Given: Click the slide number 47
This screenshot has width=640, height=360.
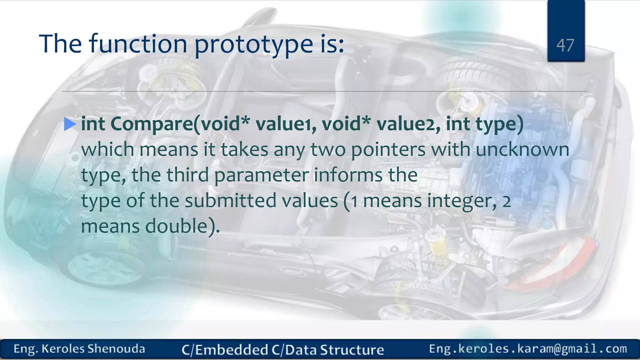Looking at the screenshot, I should click(565, 45).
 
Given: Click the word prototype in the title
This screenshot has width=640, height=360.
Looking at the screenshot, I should click(253, 44).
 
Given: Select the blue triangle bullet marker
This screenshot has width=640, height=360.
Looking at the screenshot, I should click(70, 124).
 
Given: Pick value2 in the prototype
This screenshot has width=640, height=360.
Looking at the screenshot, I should click(408, 124).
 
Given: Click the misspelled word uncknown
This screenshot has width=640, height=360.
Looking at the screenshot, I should click(522, 150).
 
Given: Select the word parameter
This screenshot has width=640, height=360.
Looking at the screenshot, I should click(262, 175).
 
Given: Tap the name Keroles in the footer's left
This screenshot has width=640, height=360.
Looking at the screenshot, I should click(63, 349).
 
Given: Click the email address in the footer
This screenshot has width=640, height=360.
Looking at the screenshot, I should click(528, 349).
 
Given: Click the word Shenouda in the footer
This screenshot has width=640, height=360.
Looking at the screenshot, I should click(116, 349).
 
